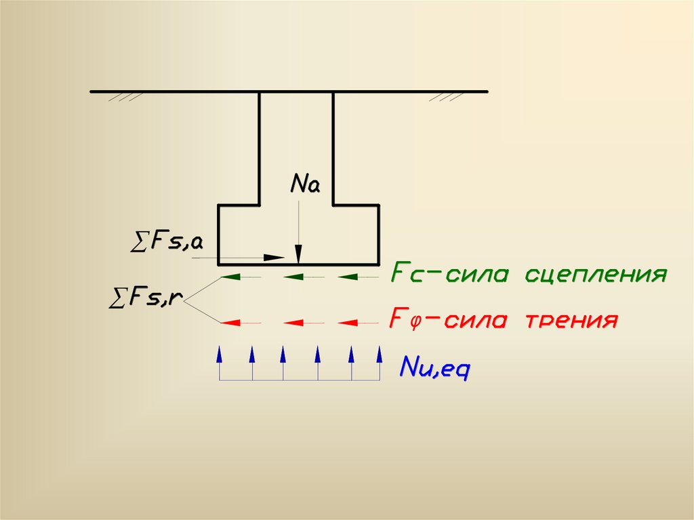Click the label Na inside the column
pos(304,184)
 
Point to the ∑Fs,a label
pos(165,241)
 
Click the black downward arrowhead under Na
pos(299,252)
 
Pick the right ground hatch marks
pos(445,98)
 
